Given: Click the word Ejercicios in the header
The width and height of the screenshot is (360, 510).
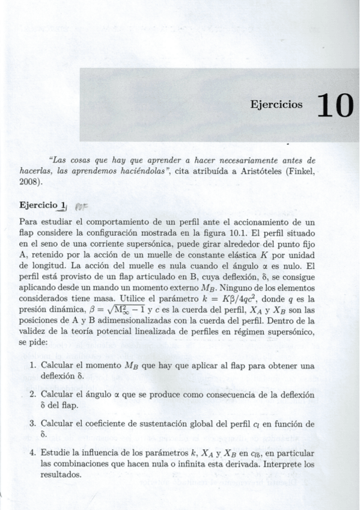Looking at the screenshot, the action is click(276, 105).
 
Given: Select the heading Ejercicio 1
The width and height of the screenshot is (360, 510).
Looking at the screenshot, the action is click(42, 206).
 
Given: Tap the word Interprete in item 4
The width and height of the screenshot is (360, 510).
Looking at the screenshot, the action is click(279, 464).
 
